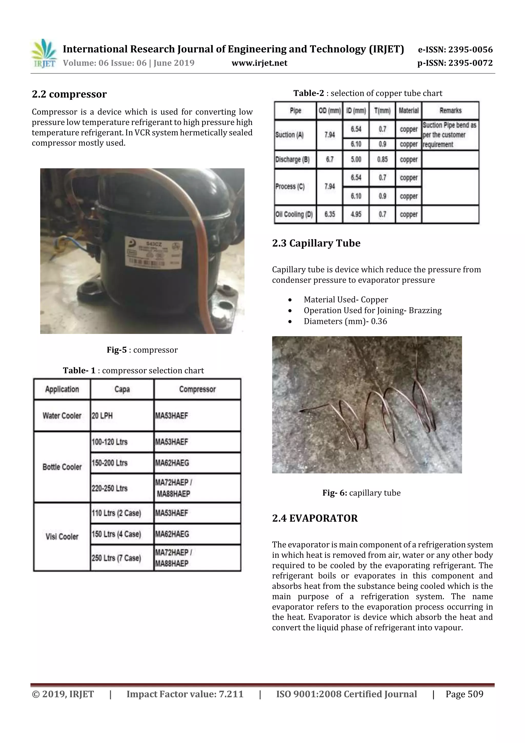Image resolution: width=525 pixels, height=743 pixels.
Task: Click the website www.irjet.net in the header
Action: tap(259, 63)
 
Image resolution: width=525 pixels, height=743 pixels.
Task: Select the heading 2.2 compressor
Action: tap(69, 94)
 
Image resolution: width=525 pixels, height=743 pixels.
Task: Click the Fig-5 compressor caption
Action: tap(142, 350)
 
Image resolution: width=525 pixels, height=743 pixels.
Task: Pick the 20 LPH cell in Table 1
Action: tap(102, 416)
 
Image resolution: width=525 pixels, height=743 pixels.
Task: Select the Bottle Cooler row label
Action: tap(62, 467)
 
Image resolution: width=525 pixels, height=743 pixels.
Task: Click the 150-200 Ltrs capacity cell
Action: tap(109, 463)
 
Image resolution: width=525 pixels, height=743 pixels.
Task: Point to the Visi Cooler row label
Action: tap(62, 537)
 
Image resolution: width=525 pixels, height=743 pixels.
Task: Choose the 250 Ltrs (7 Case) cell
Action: tap(116, 558)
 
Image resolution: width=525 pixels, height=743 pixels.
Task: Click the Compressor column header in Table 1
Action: tap(197, 389)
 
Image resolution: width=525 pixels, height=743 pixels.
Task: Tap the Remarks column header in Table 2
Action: tap(450, 111)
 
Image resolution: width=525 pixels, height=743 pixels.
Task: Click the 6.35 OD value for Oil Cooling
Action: tap(329, 214)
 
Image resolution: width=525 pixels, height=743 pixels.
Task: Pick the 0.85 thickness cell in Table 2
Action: tap(382, 160)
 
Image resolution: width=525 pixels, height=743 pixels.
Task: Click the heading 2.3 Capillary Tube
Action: tap(316, 243)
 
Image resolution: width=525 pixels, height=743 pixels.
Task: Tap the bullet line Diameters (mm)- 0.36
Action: tap(345, 321)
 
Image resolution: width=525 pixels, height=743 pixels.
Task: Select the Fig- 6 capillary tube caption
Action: tap(361, 493)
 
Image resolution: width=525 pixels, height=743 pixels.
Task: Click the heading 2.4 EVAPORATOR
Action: tap(315, 518)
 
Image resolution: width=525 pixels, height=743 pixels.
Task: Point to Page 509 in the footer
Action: tap(464, 694)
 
